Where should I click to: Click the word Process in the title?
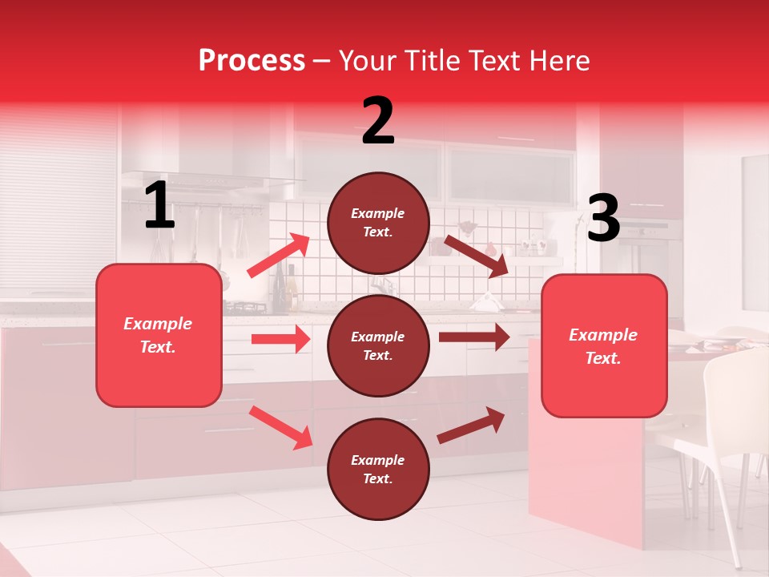(252, 61)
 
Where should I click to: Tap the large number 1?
(159, 207)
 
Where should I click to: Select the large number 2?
(378, 121)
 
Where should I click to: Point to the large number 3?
(603, 219)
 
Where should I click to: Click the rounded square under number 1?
(159, 335)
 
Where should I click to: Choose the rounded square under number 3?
(604, 346)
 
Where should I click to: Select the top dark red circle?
(378, 223)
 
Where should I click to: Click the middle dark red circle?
(378, 345)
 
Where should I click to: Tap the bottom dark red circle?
(378, 469)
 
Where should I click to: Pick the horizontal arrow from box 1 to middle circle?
(280, 339)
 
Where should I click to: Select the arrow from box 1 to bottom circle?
(281, 427)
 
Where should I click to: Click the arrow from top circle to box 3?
(477, 256)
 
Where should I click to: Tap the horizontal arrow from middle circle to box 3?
(474, 337)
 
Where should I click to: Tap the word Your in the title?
(368, 61)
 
